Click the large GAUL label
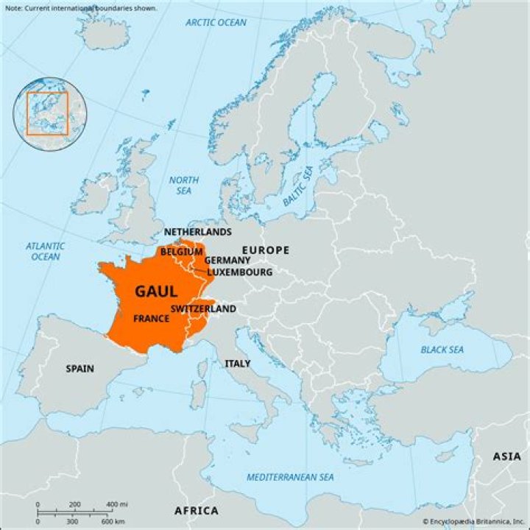click(x=155, y=291)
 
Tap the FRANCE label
click(x=152, y=319)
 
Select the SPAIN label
click(x=79, y=368)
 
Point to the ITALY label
click(x=238, y=364)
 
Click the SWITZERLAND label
click(x=203, y=308)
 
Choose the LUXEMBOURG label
click(x=239, y=272)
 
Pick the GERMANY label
click(x=227, y=261)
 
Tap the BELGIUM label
click(x=182, y=252)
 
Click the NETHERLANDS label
click(x=197, y=232)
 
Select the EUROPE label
click(x=266, y=250)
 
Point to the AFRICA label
click(x=197, y=511)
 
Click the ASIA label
click(x=507, y=456)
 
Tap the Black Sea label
click(x=442, y=350)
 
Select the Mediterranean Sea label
click(x=290, y=477)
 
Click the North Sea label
click(x=184, y=185)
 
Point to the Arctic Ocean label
click(x=216, y=23)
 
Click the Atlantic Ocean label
click(x=46, y=252)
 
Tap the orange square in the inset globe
click(x=47, y=113)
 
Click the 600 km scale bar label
click(x=113, y=521)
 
